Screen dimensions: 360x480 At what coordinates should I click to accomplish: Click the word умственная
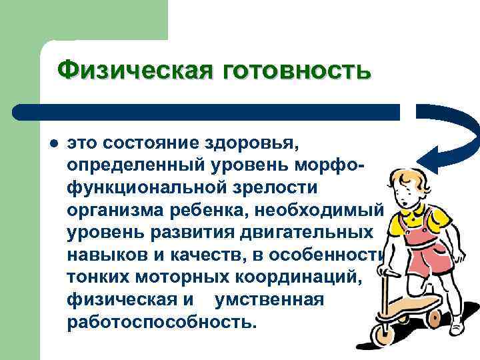click(x=269, y=301)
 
